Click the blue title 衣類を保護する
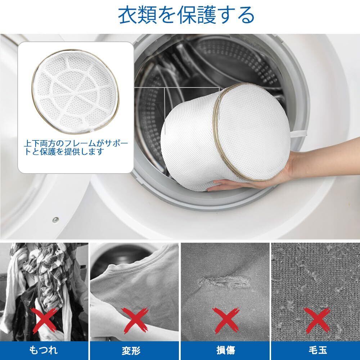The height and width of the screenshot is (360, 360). [x=186, y=15]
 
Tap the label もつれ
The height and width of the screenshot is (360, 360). [x=44, y=350]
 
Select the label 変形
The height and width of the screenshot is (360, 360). [x=134, y=350]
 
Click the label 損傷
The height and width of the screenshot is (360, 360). [x=225, y=350]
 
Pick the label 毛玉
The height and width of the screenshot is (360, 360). [x=318, y=350]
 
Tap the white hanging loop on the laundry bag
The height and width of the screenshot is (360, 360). [x=298, y=133]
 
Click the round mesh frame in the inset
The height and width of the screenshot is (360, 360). [x=75, y=92]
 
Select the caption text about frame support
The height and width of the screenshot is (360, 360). [x=76, y=148]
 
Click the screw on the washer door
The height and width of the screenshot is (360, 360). [x=55, y=220]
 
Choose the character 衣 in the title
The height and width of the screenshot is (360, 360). [x=127, y=15]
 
